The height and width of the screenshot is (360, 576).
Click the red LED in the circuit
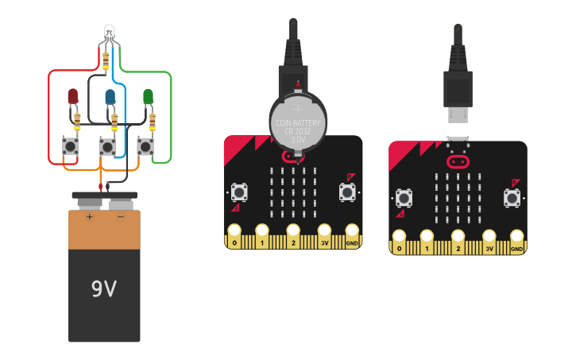pyautogui.click(x=73, y=96)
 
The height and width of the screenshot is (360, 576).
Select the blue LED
pyautogui.click(x=110, y=96)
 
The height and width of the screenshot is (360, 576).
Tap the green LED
pyautogui.click(x=148, y=96)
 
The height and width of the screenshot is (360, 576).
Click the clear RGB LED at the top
pyautogui.click(x=109, y=33)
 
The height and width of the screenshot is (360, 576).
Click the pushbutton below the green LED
pyautogui.click(x=145, y=146)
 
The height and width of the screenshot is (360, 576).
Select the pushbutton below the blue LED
pyautogui.click(x=107, y=146)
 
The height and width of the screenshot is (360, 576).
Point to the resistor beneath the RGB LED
pyautogui.click(x=107, y=58)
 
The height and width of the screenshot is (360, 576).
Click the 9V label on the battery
pyautogui.click(x=103, y=289)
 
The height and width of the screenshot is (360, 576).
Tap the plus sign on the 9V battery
pyautogui.click(x=90, y=216)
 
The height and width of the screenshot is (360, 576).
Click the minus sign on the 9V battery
pyautogui.click(x=121, y=216)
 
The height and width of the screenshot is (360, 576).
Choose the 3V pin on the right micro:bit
pyautogui.click(x=489, y=238)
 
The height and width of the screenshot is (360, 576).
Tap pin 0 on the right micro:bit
pyautogui.click(x=400, y=238)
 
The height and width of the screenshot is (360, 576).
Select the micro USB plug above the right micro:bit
pyautogui.click(x=458, y=87)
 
